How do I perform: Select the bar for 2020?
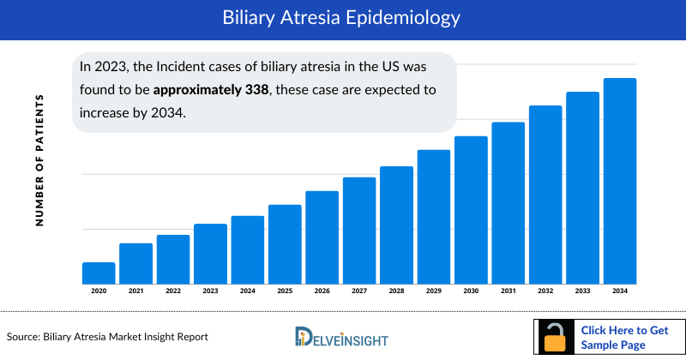pos(99,273)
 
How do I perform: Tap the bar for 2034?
pos(620,181)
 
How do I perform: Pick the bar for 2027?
pos(359,231)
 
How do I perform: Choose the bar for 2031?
pos(508,203)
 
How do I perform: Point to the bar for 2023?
pos(210,254)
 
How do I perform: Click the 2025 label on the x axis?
pos(285,291)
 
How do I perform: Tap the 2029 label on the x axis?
pos(434,291)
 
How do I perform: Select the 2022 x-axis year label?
pos(173,291)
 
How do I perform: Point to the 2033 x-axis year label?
pos(583,291)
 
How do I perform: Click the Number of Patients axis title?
pos(39,160)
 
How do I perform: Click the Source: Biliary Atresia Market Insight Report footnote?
pos(107,337)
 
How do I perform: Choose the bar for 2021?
pos(135,264)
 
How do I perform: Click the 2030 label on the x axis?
pos(471,291)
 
